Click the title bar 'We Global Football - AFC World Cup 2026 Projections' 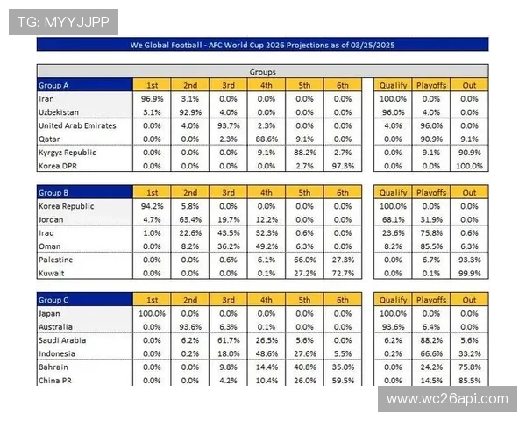(x=262, y=44)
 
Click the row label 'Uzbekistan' (x=59, y=112)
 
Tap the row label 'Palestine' (x=55, y=260)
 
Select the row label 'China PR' (x=55, y=381)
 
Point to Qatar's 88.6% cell (x=266, y=139)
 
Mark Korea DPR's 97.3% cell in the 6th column (x=341, y=166)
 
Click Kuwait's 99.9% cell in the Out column (x=470, y=274)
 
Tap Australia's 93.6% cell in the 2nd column (x=190, y=327)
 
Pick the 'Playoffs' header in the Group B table (x=431, y=192)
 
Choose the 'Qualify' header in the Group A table (x=393, y=85)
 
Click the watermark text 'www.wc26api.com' (x=447, y=399)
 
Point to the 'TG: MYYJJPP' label (x=62, y=22)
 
